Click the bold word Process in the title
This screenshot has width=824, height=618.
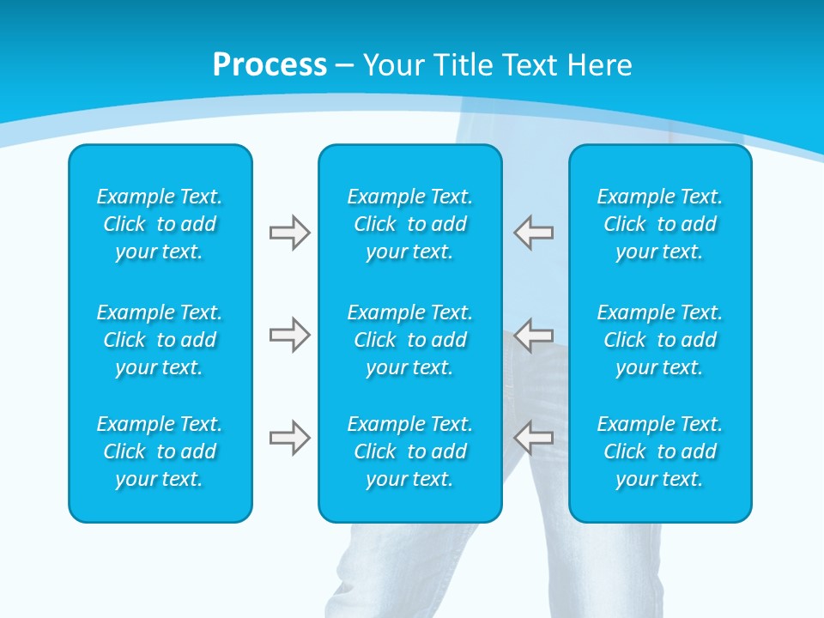(270, 65)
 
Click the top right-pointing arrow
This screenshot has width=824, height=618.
(289, 233)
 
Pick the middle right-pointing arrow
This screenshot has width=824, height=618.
(289, 335)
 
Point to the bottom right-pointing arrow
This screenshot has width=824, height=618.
(289, 438)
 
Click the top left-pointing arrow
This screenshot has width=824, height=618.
(534, 233)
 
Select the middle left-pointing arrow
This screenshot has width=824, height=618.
(534, 335)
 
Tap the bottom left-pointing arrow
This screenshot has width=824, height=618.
(534, 438)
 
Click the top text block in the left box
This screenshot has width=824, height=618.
(160, 224)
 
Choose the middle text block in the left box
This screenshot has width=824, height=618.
(160, 340)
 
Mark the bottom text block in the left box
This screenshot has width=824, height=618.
(160, 451)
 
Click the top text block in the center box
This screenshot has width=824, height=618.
(410, 224)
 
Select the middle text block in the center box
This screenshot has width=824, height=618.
(410, 340)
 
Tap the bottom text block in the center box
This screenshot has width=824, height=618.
(410, 451)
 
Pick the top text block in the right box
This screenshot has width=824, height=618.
(660, 224)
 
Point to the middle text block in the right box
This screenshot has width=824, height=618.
(660, 340)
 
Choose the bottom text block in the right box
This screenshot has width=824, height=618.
(660, 451)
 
